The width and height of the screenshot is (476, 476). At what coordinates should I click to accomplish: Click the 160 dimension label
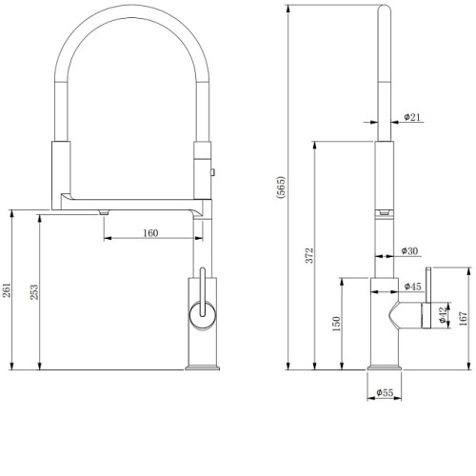pos(150,233)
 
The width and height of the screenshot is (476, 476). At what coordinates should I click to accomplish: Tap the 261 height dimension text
pos(7,290)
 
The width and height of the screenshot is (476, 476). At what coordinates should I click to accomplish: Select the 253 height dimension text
pos(34,292)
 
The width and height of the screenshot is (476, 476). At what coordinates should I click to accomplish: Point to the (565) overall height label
pos(281,188)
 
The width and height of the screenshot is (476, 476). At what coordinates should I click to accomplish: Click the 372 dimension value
pos(309,255)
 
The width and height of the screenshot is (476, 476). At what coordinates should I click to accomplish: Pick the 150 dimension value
pos(336,324)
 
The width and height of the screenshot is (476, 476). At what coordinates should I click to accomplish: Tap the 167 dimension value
pos(463,318)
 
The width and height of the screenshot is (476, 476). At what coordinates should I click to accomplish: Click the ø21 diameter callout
pos(412,117)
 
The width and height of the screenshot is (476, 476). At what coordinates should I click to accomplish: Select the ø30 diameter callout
pos(409,251)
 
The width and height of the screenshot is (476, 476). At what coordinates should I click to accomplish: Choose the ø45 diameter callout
pos(413,287)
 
